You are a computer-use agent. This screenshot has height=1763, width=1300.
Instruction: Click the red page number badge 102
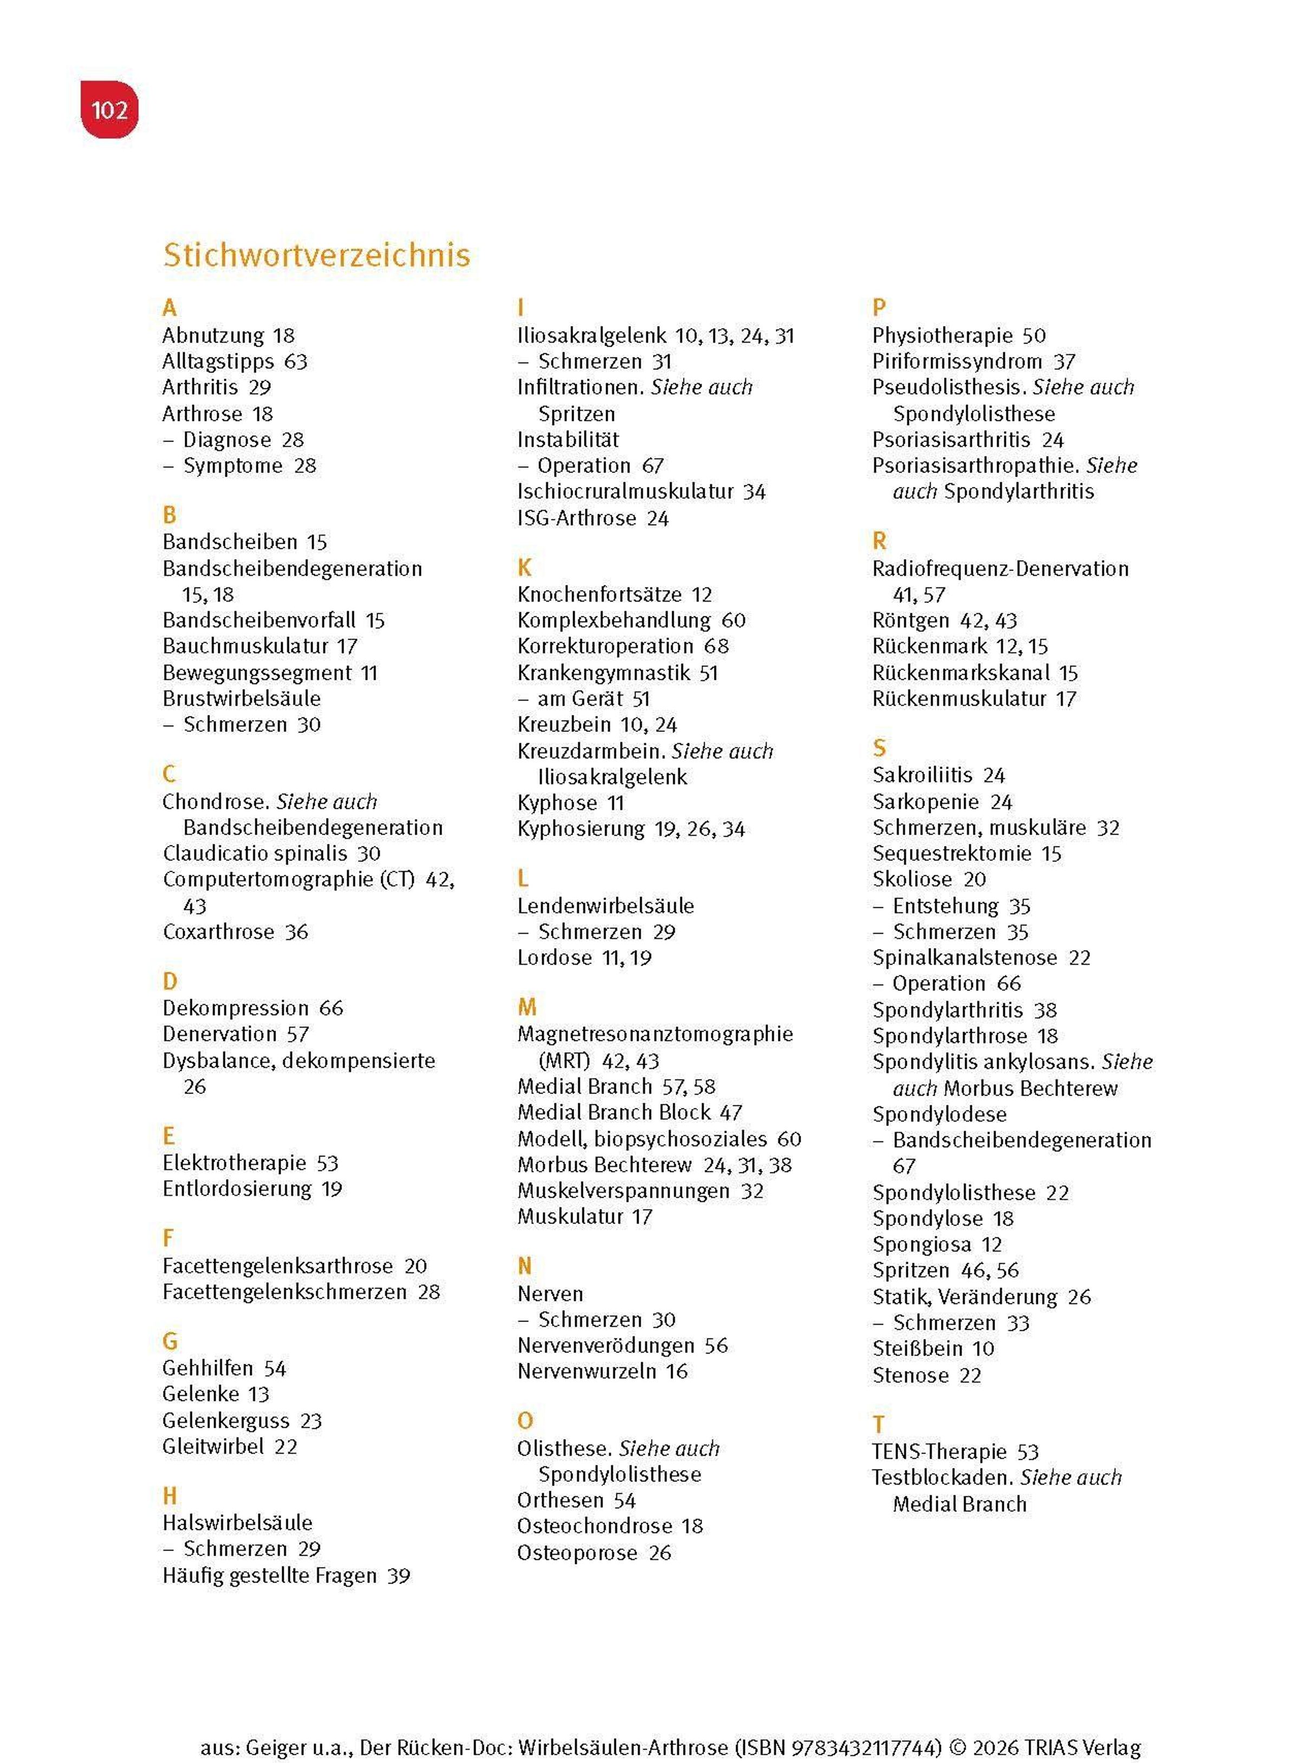pos(109,109)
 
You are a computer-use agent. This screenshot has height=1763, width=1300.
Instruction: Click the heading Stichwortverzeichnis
pos(316,255)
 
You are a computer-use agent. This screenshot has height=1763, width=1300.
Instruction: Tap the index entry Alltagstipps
pos(218,361)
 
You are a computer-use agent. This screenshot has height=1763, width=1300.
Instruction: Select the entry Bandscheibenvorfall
pos(259,620)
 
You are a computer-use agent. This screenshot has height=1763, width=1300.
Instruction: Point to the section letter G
pos(170,1341)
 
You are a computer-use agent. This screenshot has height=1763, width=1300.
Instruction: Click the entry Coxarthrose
pos(218,932)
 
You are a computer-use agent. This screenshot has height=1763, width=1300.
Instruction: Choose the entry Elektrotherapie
pos(233,1163)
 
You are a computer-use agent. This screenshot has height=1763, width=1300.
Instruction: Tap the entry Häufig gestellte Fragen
pos(269,1575)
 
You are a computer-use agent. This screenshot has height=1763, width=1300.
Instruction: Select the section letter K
pos(524,567)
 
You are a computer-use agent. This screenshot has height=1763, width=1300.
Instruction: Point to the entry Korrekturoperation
pos(605,646)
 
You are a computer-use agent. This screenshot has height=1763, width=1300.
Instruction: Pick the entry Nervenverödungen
pos(605,1345)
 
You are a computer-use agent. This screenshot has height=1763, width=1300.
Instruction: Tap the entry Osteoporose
pos(577,1553)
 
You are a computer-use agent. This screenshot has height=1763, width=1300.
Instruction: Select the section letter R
pos(879,541)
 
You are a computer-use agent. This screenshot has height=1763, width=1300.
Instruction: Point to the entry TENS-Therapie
pos(939,1452)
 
